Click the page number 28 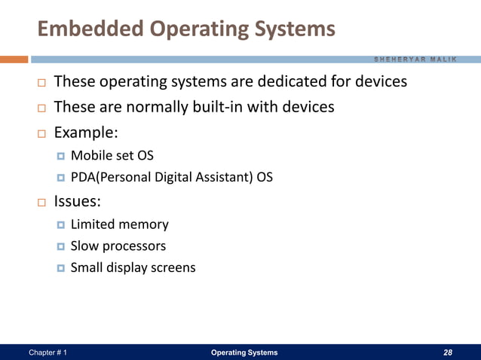pyautogui.click(x=448, y=352)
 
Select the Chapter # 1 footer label pyautogui.click(x=47, y=352)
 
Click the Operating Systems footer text pyautogui.click(x=244, y=352)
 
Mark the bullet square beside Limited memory pyautogui.click(x=61, y=225)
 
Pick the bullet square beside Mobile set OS pyautogui.click(x=61, y=157)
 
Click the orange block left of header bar pyautogui.click(x=14, y=59)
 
